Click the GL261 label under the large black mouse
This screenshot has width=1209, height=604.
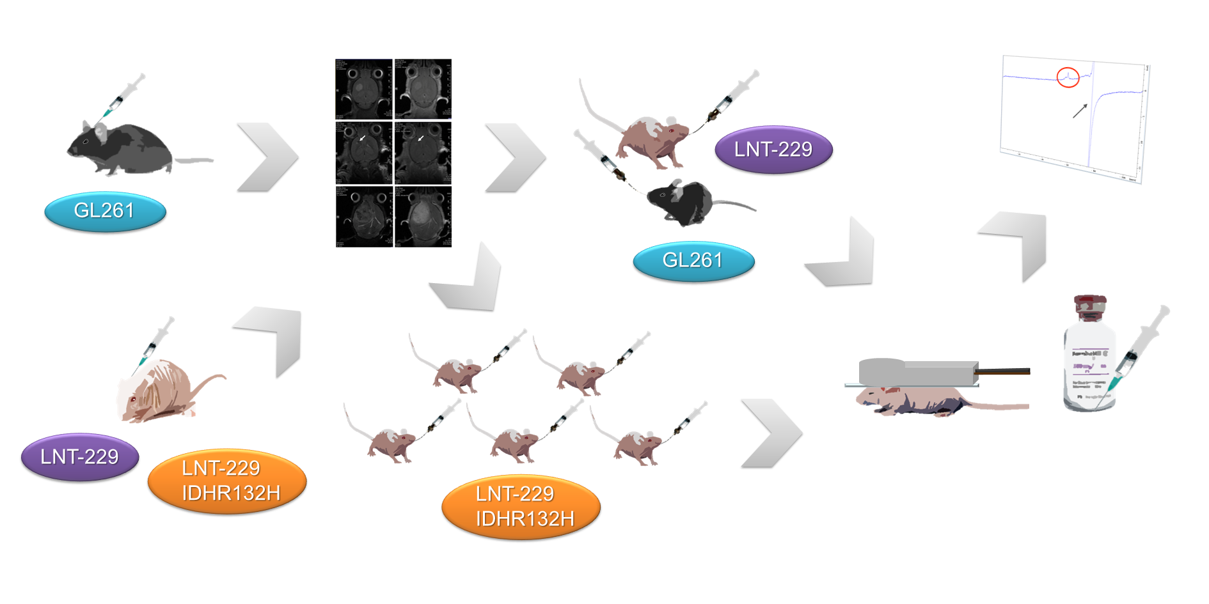105,211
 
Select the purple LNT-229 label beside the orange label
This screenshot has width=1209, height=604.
79,457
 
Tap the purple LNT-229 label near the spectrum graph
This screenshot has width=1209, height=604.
773,150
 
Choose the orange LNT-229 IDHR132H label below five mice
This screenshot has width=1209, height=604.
521,506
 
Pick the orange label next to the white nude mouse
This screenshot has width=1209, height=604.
227,481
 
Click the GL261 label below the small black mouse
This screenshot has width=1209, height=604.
693,261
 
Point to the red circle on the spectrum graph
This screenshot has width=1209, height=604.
1068,77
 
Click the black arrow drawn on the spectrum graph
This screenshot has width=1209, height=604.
1080,111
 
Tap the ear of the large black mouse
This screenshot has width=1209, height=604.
100,132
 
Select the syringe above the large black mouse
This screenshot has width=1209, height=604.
125,94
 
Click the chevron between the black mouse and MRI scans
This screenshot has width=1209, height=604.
267,157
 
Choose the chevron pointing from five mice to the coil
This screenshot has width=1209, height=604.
771,433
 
